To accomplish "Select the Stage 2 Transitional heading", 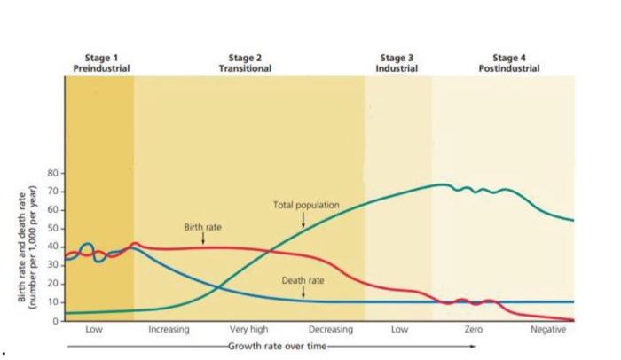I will tap(245, 63).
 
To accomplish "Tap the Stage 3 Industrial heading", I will tap(397, 63).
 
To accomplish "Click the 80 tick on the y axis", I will tap(53, 173).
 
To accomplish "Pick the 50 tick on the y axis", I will tap(53, 229).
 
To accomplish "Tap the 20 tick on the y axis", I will tap(53, 284).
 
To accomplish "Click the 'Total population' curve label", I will tap(307, 205).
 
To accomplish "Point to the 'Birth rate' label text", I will tap(202, 227).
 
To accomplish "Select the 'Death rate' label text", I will tap(303, 280).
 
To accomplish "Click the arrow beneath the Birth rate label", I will tap(203, 239).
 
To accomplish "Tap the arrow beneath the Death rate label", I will tap(303, 292).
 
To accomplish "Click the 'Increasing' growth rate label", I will tap(169, 330).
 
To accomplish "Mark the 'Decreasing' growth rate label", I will tap(330, 330).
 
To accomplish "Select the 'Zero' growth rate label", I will tap(473, 330).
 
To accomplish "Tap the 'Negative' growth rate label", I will tap(547, 330).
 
